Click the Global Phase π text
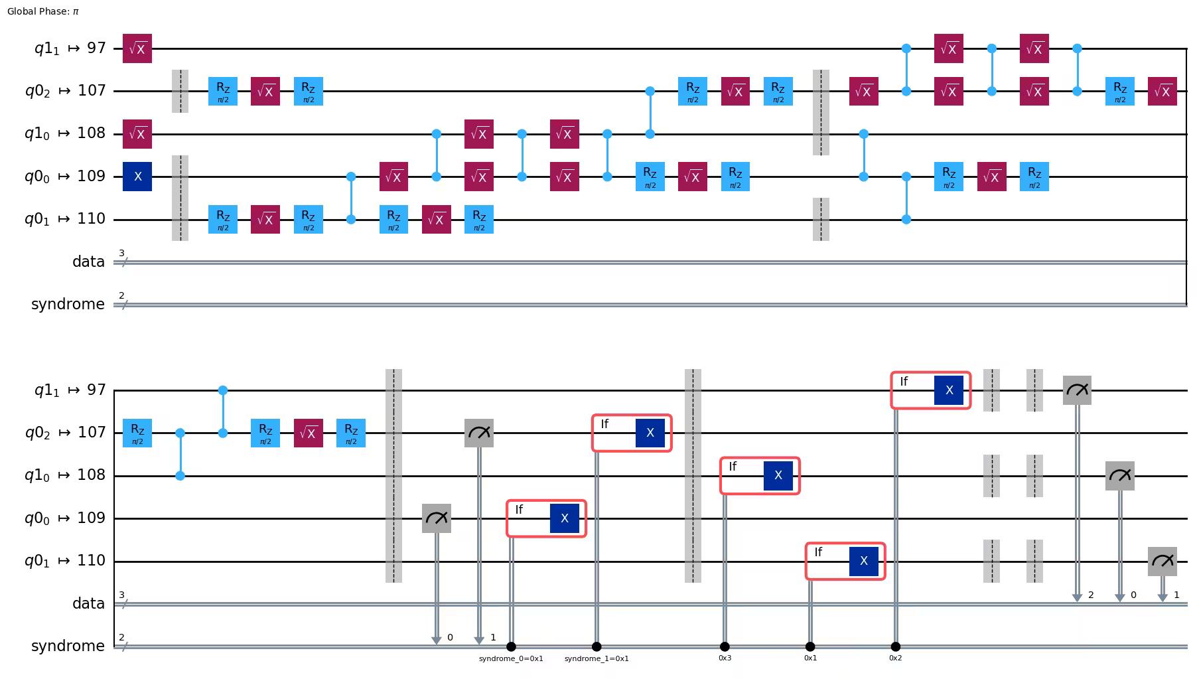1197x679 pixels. (x=43, y=11)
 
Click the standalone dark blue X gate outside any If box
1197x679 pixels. (x=137, y=177)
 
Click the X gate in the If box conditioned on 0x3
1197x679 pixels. (x=778, y=475)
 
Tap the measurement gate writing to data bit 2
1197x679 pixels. (x=1077, y=390)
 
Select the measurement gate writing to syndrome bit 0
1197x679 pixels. (x=437, y=518)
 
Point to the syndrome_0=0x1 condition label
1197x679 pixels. (x=511, y=658)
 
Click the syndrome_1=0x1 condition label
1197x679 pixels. (x=597, y=658)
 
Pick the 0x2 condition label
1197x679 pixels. (x=895, y=658)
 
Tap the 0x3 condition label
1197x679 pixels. (x=725, y=658)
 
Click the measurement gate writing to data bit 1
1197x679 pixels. (x=1162, y=561)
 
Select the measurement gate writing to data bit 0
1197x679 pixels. (x=1119, y=476)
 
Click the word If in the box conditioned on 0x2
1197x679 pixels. (x=904, y=382)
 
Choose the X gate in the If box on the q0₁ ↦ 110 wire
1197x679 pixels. (x=863, y=561)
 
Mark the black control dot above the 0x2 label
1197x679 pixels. (x=895, y=646)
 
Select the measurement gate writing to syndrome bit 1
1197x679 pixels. (x=479, y=433)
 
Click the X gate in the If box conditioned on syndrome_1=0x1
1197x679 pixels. (x=650, y=433)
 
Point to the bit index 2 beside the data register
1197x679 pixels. (x=1091, y=595)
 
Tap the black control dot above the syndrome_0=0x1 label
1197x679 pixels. (x=511, y=646)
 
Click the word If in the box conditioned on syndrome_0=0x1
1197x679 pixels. (x=519, y=510)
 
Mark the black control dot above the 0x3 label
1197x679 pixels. (x=725, y=646)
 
